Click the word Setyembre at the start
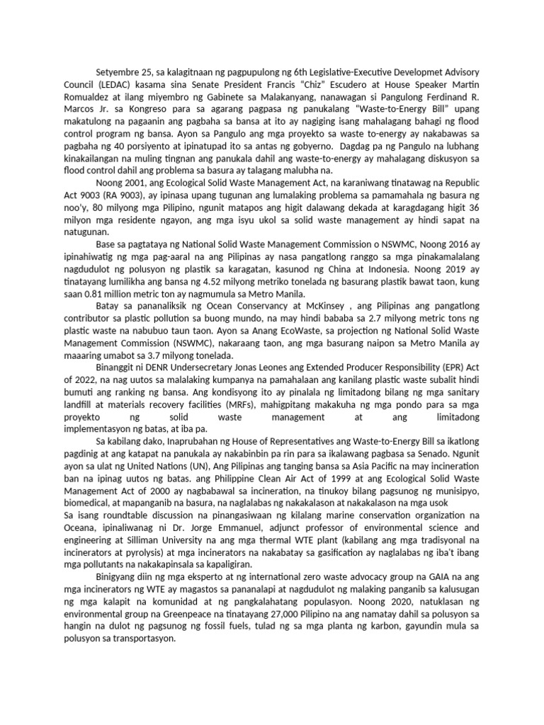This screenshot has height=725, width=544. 118,73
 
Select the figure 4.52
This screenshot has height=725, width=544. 214,282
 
